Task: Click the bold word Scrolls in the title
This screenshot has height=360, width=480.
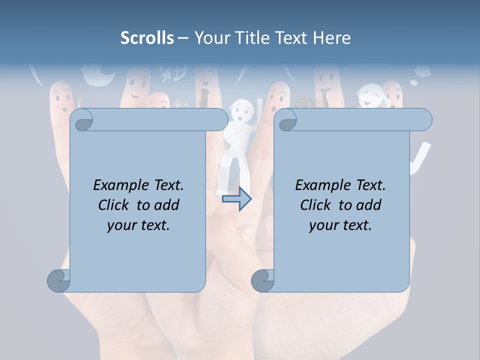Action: click(147, 38)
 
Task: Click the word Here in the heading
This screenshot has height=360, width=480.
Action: click(332, 38)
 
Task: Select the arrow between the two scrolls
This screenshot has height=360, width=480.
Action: click(237, 199)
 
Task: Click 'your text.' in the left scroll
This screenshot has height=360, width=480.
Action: click(138, 225)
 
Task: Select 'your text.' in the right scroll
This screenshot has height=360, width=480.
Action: click(340, 225)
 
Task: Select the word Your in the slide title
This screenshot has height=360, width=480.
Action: click(211, 38)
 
